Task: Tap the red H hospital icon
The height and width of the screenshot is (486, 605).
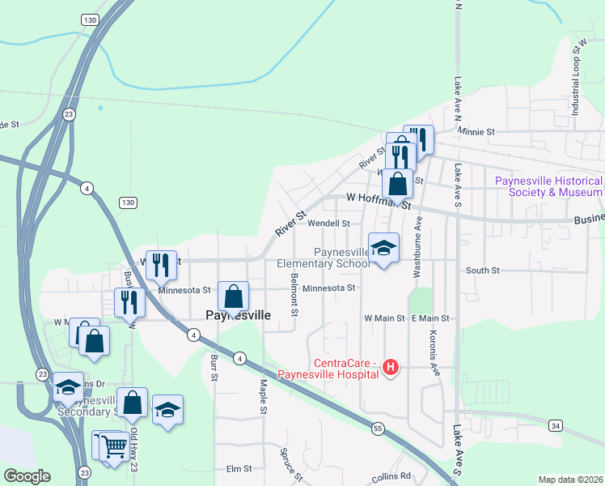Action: coord(391,368)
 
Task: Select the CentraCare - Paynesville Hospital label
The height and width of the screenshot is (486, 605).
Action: coord(328,369)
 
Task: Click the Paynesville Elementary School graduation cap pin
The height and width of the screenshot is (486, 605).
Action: coord(383,247)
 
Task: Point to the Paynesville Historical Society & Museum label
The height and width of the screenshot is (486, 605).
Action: coord(548,186)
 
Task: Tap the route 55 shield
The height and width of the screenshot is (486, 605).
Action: coord(378,427)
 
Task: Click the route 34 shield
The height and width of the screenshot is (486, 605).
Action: coord(555,425)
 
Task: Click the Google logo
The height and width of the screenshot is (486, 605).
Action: coord(27,476)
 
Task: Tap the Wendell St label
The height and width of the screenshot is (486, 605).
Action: coord(328,223)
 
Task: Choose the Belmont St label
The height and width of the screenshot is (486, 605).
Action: coord(294,296)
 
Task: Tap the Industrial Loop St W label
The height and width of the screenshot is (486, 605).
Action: coord(577,80)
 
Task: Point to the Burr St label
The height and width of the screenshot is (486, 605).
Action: coord(214,366)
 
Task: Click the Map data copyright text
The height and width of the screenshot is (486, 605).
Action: coord(569,480)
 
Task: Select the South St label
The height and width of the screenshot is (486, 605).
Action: coord(483,271)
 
